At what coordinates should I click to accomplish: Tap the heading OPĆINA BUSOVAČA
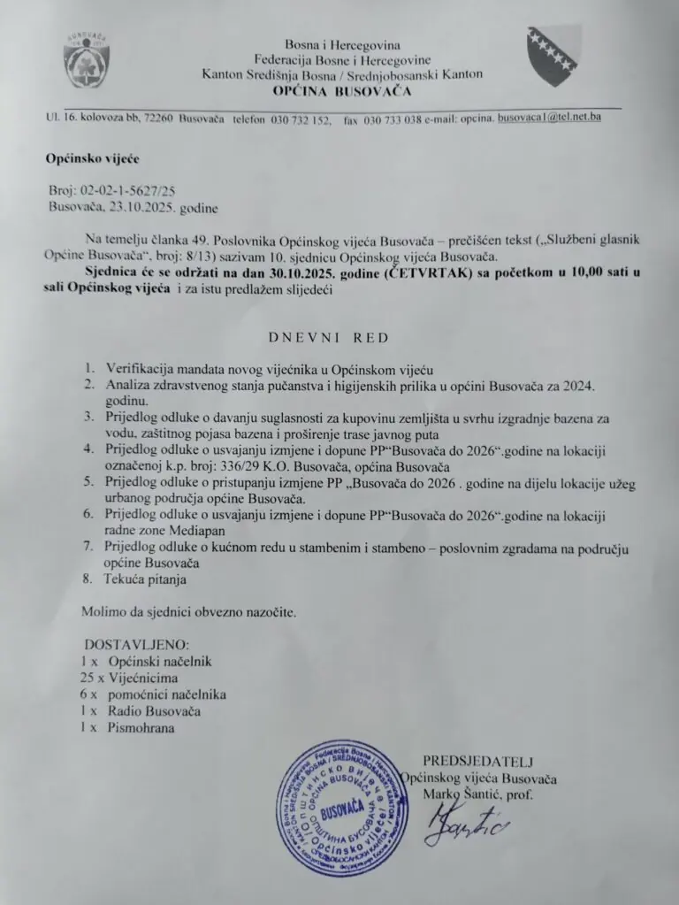coord(341,90)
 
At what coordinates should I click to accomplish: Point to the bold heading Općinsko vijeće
coord(93,159)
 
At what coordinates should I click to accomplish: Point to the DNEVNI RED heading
coord(328,337)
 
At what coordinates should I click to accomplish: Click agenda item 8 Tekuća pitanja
coord(147,579)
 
